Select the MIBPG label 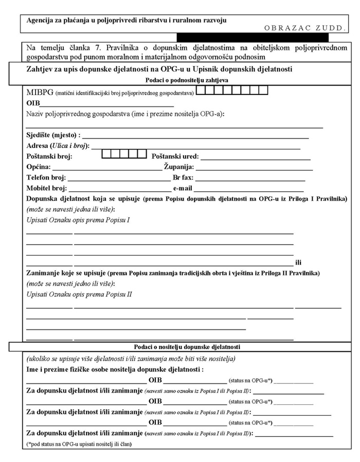click(39, 93)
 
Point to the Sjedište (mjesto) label click(53, 135)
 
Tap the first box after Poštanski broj click(106, 153)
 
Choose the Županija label click(178, 168)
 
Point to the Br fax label click(183, 178)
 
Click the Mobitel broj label click(43, 189)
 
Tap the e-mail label click(183, 189)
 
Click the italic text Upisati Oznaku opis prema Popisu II click(79, 294)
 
